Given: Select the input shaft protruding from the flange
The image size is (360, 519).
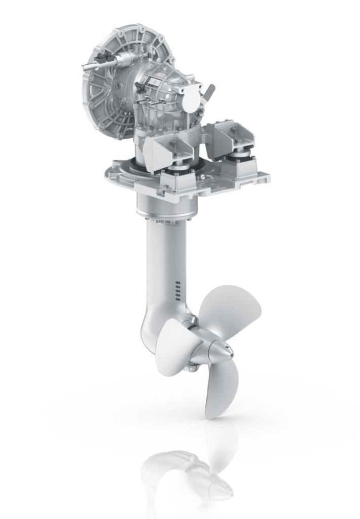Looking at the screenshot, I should (91, 66).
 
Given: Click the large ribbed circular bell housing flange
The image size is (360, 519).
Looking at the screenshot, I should (104, 96).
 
